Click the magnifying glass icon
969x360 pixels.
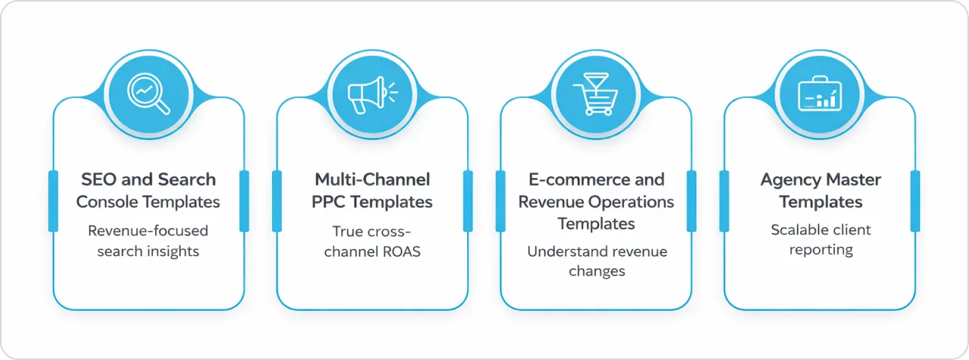tap(148, 94)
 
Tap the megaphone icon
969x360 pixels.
tap(372, 95)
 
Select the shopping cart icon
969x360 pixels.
tap(596, 94)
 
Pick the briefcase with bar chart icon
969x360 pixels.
tap(820, 93)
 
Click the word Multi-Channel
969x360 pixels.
tap(372, 179)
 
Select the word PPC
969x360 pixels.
tap(329, 202)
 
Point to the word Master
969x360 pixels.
tap(854, 179)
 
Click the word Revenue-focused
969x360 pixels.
tap(148, 230)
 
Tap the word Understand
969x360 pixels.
tap(558, 252)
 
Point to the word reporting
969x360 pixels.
tap(821, 250)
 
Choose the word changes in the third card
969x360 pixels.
tap(597, 271)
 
